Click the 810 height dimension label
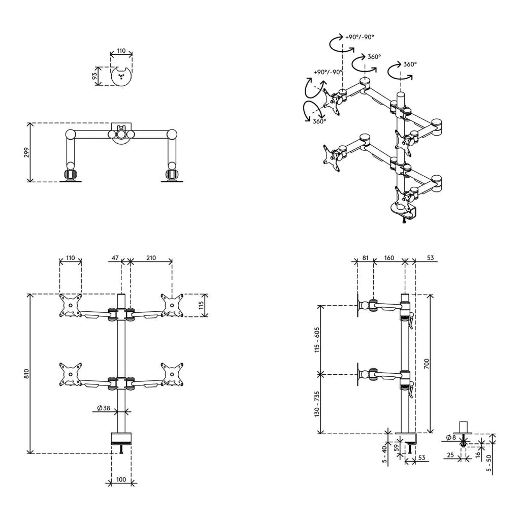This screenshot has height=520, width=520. click(x=27, y=374)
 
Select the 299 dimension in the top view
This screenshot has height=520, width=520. click(x=27, y=152)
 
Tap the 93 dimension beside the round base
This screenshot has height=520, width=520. click(x=95, y=76)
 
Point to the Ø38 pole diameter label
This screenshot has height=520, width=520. click(x=104, y=408)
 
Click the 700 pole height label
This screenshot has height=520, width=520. click(x=427, y=364)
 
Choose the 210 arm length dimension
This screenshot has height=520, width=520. click(x=151, y=257)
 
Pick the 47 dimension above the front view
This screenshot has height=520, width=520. click(x=115, y=257)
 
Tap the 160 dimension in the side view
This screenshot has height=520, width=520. click(x=388, y=257)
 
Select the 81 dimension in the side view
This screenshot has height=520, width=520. click(x=365, y=257)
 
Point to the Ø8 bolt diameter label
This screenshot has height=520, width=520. click(x=451, y=437)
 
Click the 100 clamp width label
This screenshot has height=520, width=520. click(x=121, y=479)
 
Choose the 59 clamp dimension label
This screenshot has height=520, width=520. click(x=396, y=448)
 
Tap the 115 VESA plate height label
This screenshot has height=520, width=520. click(x=202, y=305)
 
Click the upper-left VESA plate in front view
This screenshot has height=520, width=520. click(x=70, y=305)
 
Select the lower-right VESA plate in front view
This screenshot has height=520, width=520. click(x=172, y=374)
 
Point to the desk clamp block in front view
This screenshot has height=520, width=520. click(x=121, y=438)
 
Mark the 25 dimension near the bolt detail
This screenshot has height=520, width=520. click(x=450, y=455)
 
